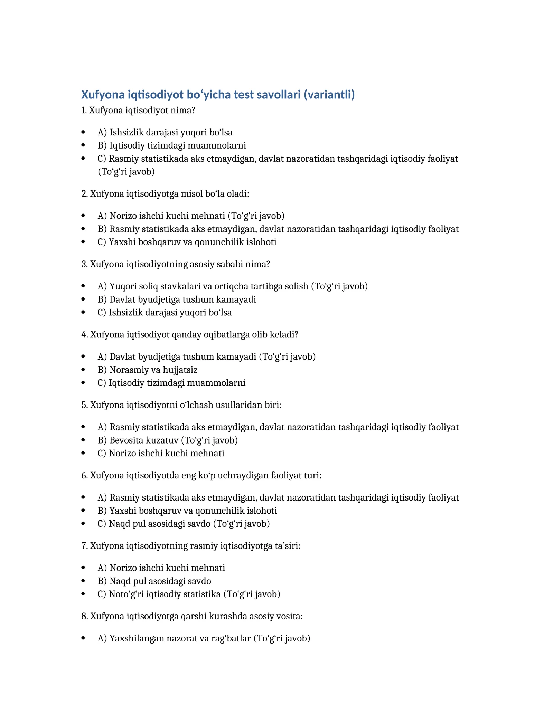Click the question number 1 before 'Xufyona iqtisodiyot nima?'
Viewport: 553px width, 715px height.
83,111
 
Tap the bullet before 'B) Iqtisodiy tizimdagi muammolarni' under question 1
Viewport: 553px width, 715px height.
83,145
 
